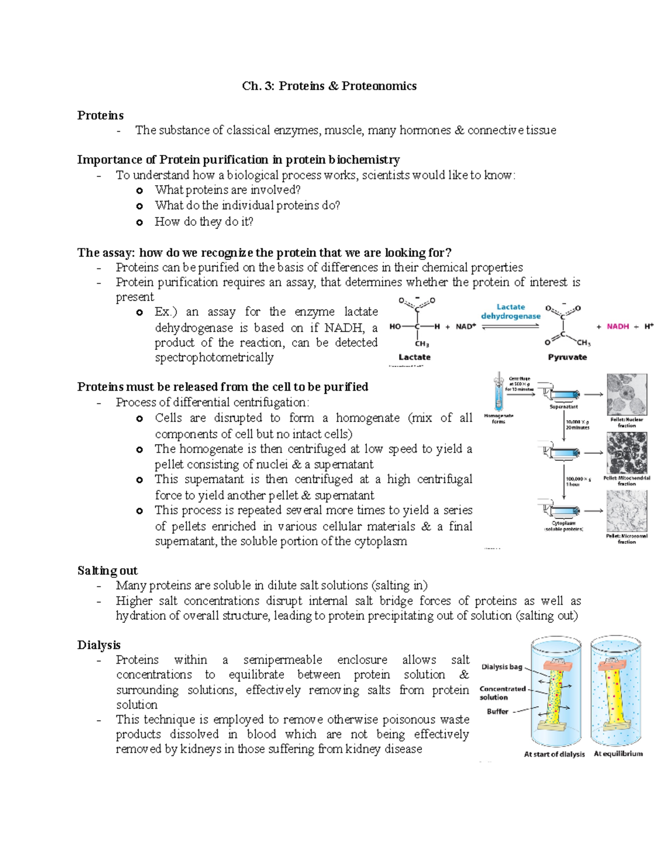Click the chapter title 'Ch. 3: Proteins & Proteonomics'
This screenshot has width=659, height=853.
pos(329,86)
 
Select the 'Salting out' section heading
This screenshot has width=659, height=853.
pos(107,571)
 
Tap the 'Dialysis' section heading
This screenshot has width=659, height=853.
pos(99,645)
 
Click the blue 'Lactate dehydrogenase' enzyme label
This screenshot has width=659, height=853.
pos(511,311)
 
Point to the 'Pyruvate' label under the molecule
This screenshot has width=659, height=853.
pos(567,357)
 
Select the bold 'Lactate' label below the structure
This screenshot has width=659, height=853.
pos(414,357)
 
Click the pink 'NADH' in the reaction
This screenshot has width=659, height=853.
pos(618,326)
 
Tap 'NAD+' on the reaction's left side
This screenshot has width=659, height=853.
pos(466,326)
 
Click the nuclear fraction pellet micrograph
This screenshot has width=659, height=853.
pos(627,394)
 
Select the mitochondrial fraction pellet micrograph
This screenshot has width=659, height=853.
pos(627,453)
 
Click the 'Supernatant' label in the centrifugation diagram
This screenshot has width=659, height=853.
pos(563,407)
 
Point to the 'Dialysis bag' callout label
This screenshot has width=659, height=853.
pos(502,667)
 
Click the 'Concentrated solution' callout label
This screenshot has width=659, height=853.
pos(502,693)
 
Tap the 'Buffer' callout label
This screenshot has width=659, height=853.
pos(498,711)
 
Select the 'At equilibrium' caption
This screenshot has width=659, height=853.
pos(618,754)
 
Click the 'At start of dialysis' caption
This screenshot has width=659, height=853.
pos(554,754)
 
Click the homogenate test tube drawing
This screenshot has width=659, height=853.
pos(499,391)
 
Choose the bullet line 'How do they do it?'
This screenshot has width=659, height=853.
pos(204,222)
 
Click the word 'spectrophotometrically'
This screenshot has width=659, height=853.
pos(214,358)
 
